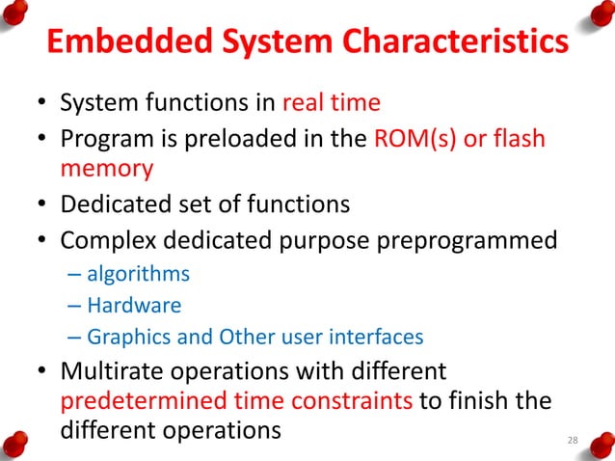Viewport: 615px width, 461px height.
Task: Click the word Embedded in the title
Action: (x=117, y=42)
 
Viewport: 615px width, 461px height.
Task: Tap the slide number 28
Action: (x=573, y=441)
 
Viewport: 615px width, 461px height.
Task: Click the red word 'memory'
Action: (x=107, y=169)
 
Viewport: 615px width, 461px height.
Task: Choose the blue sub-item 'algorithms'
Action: (x=138, y=274)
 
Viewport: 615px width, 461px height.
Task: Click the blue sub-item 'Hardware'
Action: (x=134, y=306)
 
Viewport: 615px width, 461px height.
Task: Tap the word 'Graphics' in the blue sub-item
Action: (x=122, y=338)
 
